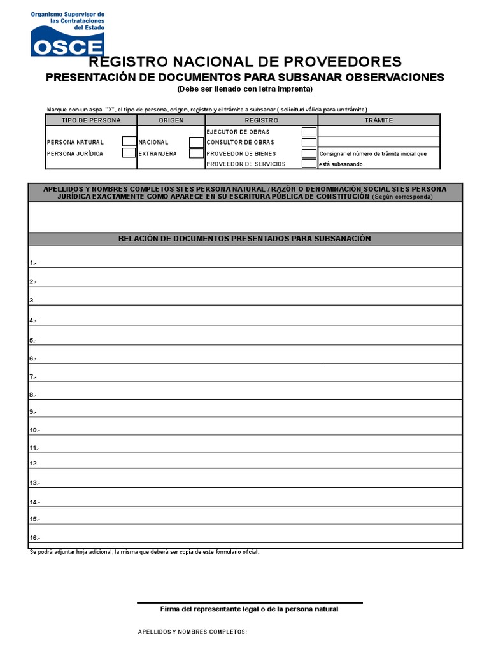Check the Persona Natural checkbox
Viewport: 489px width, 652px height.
[129, 142]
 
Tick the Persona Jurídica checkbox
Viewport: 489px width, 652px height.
[129, 153]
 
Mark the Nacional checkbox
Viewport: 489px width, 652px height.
[196, 142]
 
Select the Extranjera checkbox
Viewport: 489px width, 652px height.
[196, 153]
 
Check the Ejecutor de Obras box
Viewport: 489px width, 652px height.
[309, 132]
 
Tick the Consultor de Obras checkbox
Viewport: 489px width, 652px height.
[309, 142]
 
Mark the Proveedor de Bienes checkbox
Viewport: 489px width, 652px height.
[309, 153]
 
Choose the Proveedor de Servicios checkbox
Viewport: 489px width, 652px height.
[309, 164]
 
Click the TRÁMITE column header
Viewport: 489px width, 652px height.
[379, 120]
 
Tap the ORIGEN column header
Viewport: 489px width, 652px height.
[171, 120]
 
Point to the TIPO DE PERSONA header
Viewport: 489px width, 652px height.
[90, 120]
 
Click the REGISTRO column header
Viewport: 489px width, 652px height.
[262, 120]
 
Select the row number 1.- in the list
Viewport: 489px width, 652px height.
[33, 263]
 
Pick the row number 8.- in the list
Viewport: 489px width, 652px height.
[33, 395]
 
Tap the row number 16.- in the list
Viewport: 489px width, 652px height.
[34, 539]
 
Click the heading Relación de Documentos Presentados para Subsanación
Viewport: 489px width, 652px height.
[244, 239]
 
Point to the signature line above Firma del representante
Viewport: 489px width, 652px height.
[250, 602]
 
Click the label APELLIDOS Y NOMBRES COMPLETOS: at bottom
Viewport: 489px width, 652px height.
[192, 632]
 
